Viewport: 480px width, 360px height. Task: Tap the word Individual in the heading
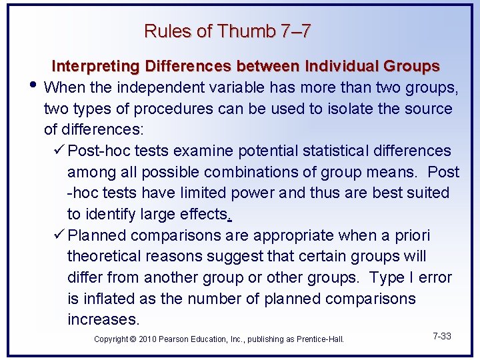point(340,67)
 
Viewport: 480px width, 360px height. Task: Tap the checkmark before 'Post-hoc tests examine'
point(59,151)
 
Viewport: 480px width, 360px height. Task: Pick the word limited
point(199,193)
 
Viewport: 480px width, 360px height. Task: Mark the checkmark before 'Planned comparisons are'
point(59,235)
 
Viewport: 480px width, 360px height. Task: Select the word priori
point(409,235)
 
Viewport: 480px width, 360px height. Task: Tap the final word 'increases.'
point(103,320)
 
